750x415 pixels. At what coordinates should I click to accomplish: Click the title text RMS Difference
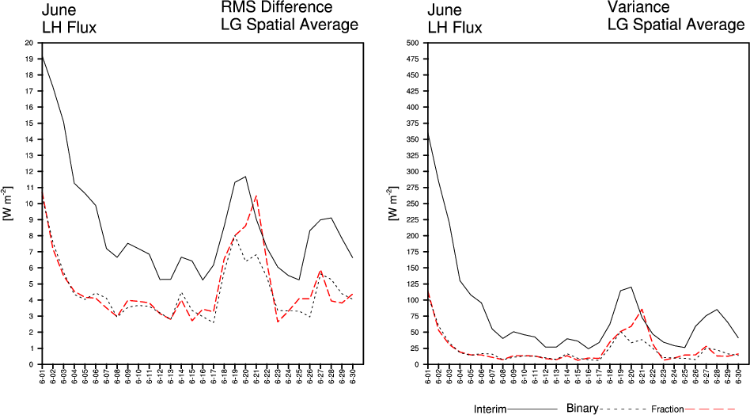coord(276,8)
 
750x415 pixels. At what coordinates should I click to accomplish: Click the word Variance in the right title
coord(638,8)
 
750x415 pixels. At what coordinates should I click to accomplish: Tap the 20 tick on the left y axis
coord(29,43)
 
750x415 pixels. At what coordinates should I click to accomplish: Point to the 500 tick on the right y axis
coord(412,43)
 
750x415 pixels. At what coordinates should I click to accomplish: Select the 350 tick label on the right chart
coord(412,139)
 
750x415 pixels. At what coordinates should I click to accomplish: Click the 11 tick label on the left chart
coord(29,188)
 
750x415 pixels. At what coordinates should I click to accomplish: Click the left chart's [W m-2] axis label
coord(7,203)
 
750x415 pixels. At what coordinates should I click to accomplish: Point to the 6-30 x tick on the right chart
coord(738,376)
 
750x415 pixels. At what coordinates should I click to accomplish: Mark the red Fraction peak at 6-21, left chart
coord(257,195)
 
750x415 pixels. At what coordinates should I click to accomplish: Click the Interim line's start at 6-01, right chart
coord(428,134)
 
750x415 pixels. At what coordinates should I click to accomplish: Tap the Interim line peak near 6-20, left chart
coord(246,177)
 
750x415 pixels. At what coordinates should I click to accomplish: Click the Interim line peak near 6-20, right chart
coord(631,287)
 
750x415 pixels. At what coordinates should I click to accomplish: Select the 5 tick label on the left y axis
coord(31,284)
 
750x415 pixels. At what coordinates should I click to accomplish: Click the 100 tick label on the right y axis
coord(412,300)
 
